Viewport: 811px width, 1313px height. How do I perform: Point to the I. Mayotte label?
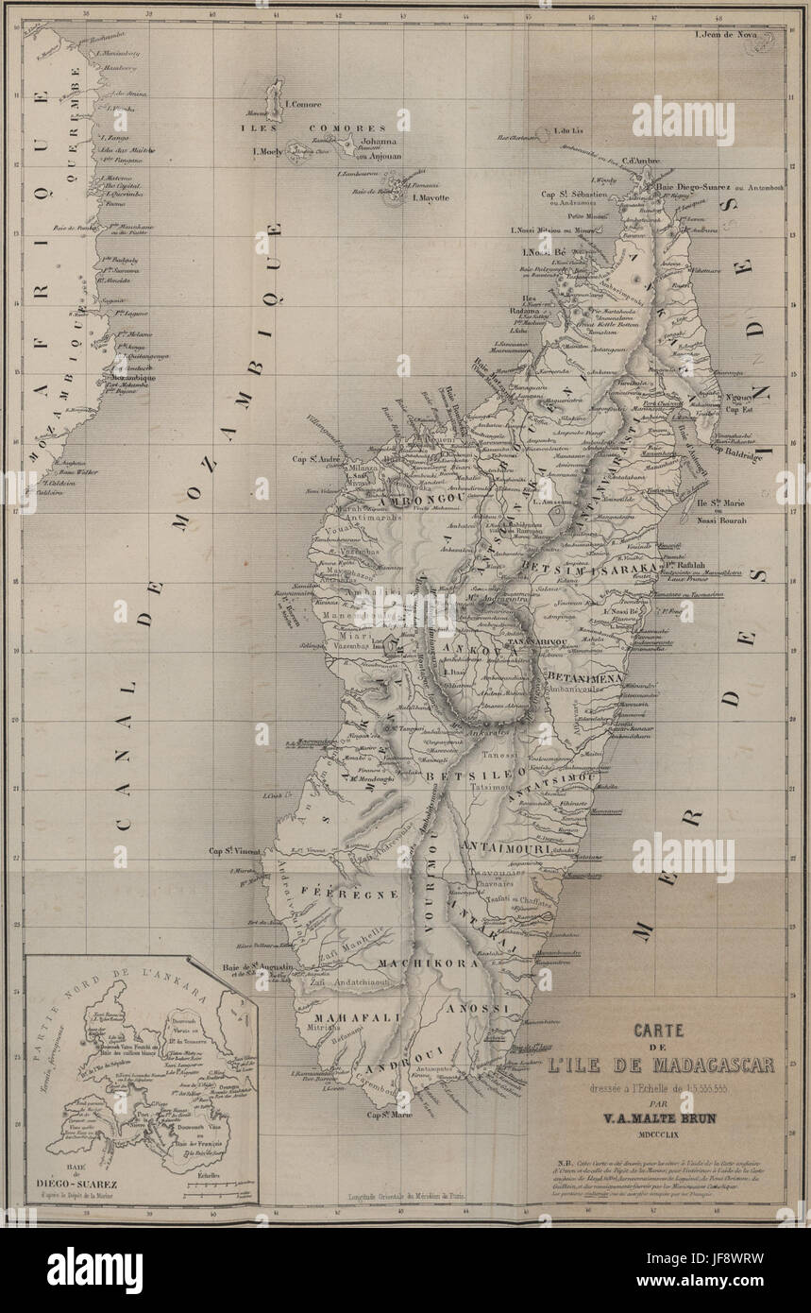pyautogui.click(x=429, y=197)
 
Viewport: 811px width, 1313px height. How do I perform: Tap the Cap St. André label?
pyautogui.click(x=316, y=460)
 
